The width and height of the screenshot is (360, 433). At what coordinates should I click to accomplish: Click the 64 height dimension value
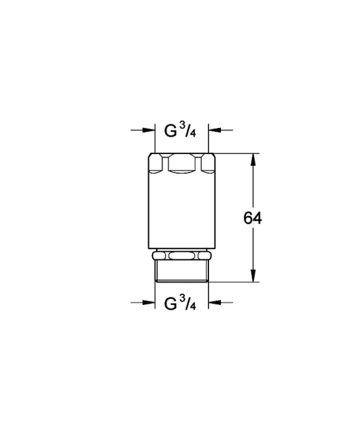click(252, 218)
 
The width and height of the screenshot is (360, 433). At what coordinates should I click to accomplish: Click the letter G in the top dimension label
click(170, 131)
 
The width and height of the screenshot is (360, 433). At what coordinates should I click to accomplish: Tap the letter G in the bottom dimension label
click(170, 304)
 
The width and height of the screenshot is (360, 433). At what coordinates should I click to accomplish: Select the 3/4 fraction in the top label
click(187, 129)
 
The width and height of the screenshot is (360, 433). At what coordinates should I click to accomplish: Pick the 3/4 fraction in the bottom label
click(187, 302)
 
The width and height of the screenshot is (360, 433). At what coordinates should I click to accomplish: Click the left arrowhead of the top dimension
click(149, 130)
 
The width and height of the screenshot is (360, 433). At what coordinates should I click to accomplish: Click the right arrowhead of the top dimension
click(215, 130)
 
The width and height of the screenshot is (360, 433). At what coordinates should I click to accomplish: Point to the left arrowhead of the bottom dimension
click(149, 302)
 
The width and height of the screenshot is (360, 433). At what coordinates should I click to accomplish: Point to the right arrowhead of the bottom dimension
click(215, 302)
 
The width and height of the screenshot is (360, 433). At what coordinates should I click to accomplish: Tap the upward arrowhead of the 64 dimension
click(253, 160)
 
